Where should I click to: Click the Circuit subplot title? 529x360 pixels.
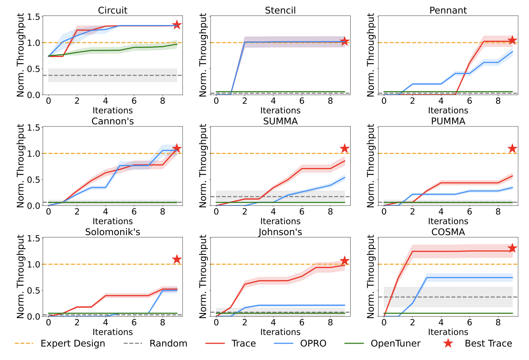(112, 10)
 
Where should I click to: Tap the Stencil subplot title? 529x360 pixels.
(280, 10)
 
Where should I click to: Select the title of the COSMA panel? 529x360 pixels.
(448, 232)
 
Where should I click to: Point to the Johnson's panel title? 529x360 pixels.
(280, 232)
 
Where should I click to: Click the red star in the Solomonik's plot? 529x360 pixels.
(177, 259)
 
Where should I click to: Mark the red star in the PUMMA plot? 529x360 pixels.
(512, 149)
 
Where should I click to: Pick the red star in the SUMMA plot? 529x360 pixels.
(344, 149)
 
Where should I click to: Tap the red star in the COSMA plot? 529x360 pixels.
(512, 248)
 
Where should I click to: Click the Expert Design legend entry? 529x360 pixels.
(73, 344)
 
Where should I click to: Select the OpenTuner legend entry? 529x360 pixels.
(395, 344)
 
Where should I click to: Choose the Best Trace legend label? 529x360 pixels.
(488, 344)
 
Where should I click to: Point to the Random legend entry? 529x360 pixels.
(168, 344)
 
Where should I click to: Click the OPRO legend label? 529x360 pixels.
(313, 344)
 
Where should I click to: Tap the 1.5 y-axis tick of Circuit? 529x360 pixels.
(34, 17)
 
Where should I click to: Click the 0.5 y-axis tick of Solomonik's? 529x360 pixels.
(34, 291)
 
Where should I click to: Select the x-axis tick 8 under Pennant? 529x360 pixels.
(498, 101)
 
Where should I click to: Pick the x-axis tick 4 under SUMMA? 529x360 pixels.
(273, 211)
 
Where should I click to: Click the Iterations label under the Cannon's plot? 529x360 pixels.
(112, 221)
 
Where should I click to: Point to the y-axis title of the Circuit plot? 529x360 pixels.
(21, 55)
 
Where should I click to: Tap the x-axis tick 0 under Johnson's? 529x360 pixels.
(216, 322)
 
